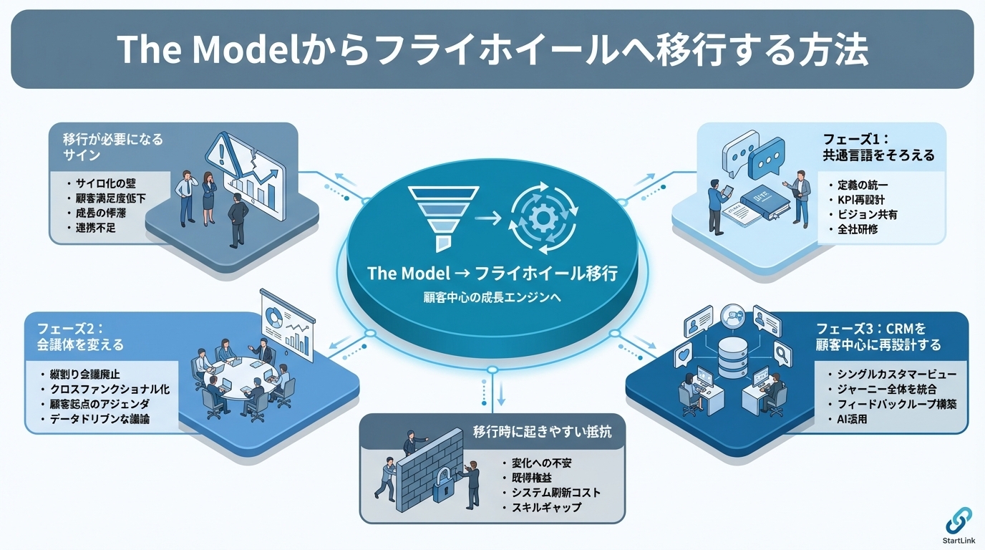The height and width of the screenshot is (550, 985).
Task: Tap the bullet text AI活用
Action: pyautogui.click(x=851, y=419)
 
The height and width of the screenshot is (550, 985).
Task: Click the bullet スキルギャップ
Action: pyautogui.click(x=546, y=507)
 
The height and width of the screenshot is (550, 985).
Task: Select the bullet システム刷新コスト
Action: pyautogui.click(x=555, y=492)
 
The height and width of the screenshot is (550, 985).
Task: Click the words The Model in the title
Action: pyautogui.click(x=186, y=49)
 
